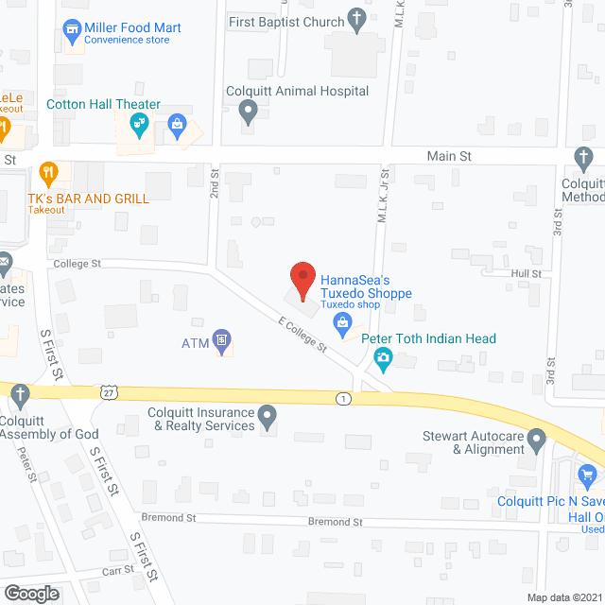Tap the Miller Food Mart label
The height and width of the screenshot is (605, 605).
(126, 27)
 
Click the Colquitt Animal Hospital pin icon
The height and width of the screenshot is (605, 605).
(248, 113)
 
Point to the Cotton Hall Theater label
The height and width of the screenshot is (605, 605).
(103, 105)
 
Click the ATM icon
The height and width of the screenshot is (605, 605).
(222, 340)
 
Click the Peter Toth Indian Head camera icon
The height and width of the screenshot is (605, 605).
(383, 357)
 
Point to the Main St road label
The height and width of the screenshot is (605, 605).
(449, 155)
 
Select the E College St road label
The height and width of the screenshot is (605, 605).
(302, 336)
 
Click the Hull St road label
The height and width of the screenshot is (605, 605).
(527, 273)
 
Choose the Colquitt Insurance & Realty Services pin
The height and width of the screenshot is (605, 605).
(268, 414)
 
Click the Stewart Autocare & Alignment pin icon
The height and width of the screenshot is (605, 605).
(537, 438)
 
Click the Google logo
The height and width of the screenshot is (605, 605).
(31, 593)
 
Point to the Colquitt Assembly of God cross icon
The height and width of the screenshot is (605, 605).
(19, 393)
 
